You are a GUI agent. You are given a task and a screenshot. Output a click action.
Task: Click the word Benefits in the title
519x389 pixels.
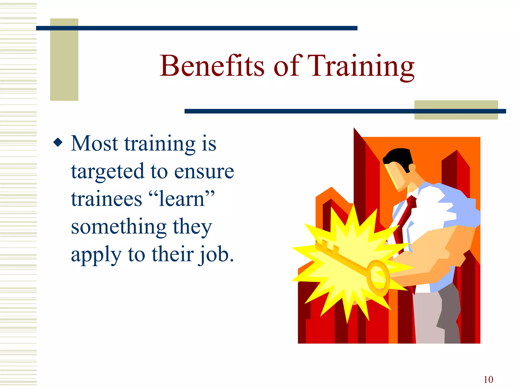pos(212,66)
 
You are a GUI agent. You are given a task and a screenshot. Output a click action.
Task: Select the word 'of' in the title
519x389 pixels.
pos(288,66)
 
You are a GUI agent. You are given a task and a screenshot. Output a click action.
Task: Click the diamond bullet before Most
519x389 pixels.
pos(58,142)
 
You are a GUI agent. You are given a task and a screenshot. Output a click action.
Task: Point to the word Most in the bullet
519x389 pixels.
pos(94,143)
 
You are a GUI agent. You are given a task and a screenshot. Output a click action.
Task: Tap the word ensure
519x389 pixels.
pos(204,172)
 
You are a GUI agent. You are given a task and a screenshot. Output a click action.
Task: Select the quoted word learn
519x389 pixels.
pos(181,199)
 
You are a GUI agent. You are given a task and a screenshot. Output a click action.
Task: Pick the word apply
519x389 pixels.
pos(96,255)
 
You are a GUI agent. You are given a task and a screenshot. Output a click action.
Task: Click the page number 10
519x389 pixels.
pos(488,379)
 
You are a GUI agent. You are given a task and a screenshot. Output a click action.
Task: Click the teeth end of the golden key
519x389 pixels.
pos(327,246)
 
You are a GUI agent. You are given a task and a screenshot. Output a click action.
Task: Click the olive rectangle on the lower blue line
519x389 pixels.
pos(456,110)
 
